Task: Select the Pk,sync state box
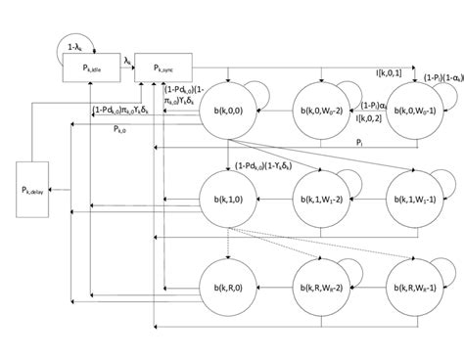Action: pyautogui.click(x=162, y=67)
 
